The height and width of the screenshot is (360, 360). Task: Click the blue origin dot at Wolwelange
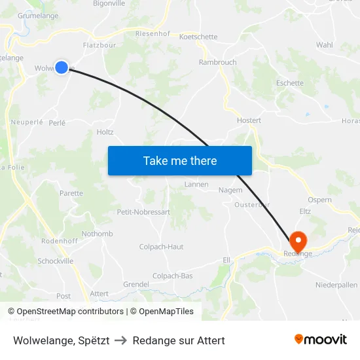pos(62,67)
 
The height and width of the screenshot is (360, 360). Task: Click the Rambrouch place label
pos(218,62)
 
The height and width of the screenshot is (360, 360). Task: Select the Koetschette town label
pos(198,37)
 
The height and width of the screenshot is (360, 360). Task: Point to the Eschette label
pos(289,83)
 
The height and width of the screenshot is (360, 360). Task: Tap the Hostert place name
pos(249,120)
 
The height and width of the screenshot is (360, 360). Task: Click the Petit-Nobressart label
pos(143,212)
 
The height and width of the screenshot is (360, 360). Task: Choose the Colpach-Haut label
pos(161,247)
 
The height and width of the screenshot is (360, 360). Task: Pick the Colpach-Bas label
pos(172,276)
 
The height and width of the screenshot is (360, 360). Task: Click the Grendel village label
pos(136,285)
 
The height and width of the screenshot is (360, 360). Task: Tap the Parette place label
pos(71,193)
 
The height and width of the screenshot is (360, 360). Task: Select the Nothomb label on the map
pos(98,234)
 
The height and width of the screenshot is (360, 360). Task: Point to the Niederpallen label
pos(336,285)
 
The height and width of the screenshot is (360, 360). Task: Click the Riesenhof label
pos(153,33)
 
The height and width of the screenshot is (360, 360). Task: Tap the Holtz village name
pos(105,132)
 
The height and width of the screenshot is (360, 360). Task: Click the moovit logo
pos(321,340)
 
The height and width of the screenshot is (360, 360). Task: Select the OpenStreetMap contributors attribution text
pos(70,312)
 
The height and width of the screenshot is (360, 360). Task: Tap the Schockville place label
pos(56,261)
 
